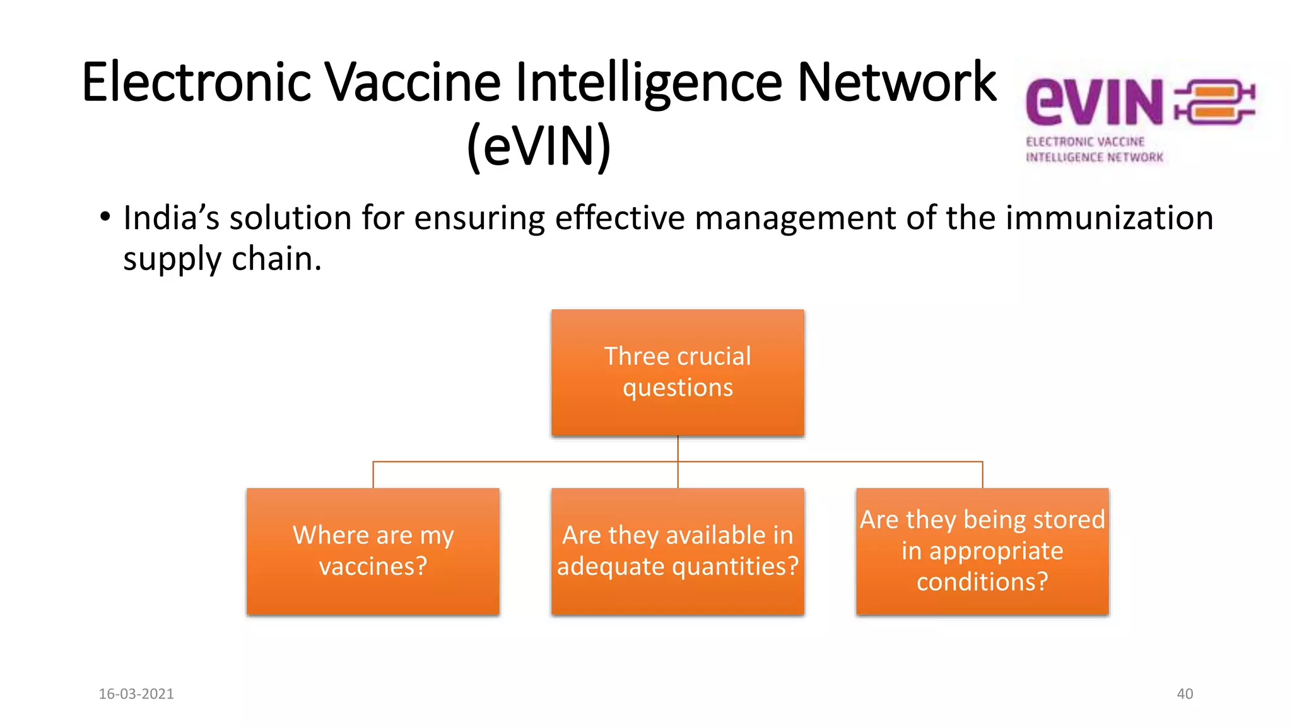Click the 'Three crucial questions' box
coord(678,372)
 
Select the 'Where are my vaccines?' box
coord(373,551)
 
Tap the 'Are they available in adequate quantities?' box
coord(678,551)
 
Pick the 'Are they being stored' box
coord(982,551)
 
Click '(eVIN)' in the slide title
coord(539,146)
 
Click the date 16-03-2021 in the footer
coord(136,694)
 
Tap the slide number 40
coord(1185,694)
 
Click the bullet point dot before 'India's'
coord(105,218)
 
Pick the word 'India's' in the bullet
coord(171,218)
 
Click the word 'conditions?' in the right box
coord(982,581)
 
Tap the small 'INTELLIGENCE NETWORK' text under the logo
coord(1094,157)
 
